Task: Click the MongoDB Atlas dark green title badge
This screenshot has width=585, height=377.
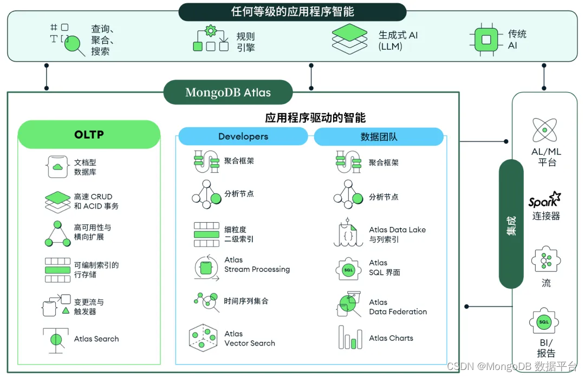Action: tap(227, 93)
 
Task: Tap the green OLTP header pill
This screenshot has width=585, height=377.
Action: tap(89, 134)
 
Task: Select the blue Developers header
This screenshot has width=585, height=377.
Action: tap(243, 136)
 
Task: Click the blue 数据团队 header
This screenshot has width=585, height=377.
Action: tap(379, 136)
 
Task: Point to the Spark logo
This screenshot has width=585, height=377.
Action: tap(544, 201)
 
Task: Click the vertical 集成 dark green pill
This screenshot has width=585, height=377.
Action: tap(511, 224)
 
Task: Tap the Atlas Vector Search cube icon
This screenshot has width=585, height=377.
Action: tap(204, 338)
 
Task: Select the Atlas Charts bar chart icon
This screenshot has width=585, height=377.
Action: tap(349, 337)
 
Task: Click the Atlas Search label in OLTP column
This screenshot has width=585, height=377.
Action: tap(96, 339)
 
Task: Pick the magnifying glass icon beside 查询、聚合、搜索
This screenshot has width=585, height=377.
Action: tap(74, 44)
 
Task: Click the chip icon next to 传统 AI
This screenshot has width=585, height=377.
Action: tap(486, 40)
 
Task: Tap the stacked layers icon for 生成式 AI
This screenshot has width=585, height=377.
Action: tap(349, 38)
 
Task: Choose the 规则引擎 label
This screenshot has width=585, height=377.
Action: tap(245, 42)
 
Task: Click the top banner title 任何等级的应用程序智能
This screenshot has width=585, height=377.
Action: tap(292, 12)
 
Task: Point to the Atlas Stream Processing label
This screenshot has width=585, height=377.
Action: tap(257, 265)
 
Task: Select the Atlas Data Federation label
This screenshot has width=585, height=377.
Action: tap(398, 307)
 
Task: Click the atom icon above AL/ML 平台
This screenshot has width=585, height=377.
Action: tap(544, 130)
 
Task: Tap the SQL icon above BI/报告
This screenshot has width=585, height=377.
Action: tap(544, 322)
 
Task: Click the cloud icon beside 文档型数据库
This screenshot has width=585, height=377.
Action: tap(57, 166)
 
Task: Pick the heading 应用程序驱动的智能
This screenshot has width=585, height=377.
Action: tap(315, 118)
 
